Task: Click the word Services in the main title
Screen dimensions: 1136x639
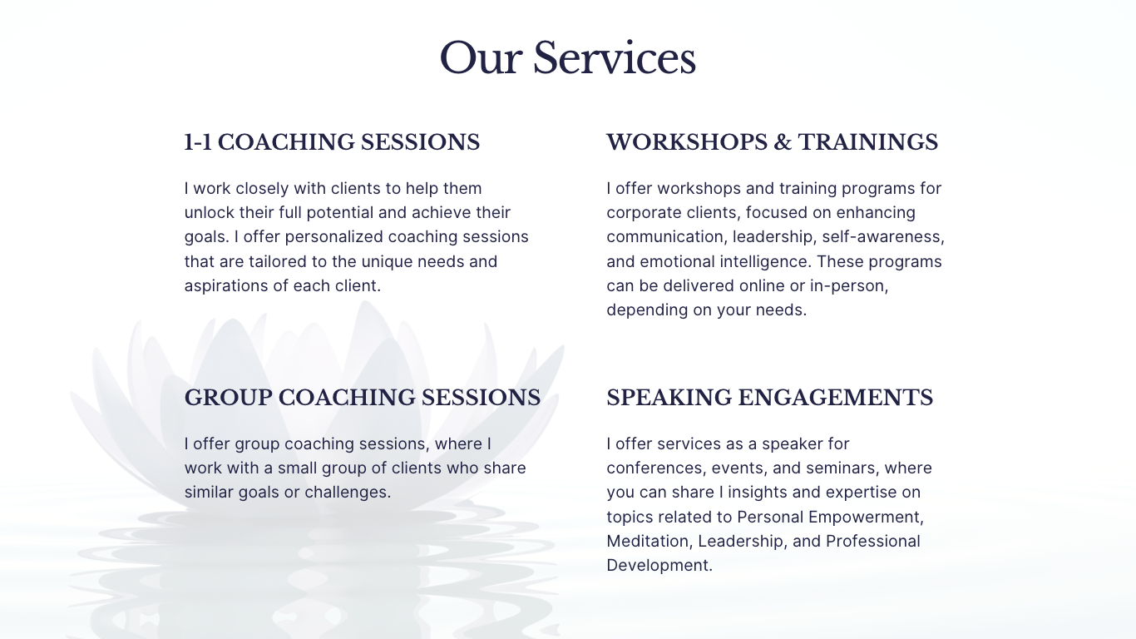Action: (x=614, y=58)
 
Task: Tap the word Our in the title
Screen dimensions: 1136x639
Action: (x=481, y=58)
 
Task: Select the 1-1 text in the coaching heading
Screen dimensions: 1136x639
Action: (x=198, y=142)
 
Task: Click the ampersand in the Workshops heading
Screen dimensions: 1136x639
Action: (x=783, y=142)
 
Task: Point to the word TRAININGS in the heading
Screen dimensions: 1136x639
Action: (x=868, y=142)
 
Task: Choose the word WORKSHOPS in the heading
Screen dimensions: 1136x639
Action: (x=687, y=142)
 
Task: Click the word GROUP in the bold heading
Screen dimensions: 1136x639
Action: (x=228, y=398)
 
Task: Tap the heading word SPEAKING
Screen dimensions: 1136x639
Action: (x=669, y=398)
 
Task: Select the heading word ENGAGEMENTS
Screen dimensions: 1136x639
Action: (x=836, y=398)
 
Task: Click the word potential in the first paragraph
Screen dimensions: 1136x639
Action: (x=340, y=213)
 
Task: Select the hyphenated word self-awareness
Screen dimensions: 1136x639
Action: (x=883, y=237)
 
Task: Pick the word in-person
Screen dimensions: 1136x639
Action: (x=849, y=285)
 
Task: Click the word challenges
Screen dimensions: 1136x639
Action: (x=348, y=493)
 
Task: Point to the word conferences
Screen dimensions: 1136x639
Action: (x=656, y=468)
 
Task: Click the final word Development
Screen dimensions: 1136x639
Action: (x=659, y=566)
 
